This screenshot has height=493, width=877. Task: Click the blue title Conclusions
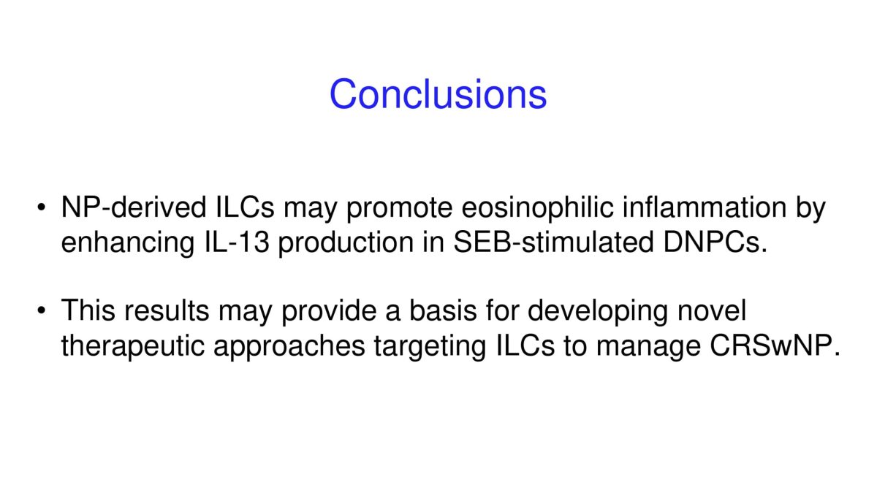point(438,94)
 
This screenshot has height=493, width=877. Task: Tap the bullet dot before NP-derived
point(42,207)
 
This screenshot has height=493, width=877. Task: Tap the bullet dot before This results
point(42,311)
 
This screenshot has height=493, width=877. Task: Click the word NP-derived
point(134,207)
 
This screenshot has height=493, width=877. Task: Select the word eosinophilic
point(538,207)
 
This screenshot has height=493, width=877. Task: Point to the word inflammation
point(705,207)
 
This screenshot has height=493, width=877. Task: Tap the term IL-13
point(238,242)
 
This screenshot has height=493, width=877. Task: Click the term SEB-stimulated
point(554,242)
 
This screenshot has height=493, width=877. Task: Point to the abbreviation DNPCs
point(715,242)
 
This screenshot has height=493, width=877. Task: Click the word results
point(167,311)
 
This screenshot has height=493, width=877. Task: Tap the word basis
point(443,311)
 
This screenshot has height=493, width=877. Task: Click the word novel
point(712,311)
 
